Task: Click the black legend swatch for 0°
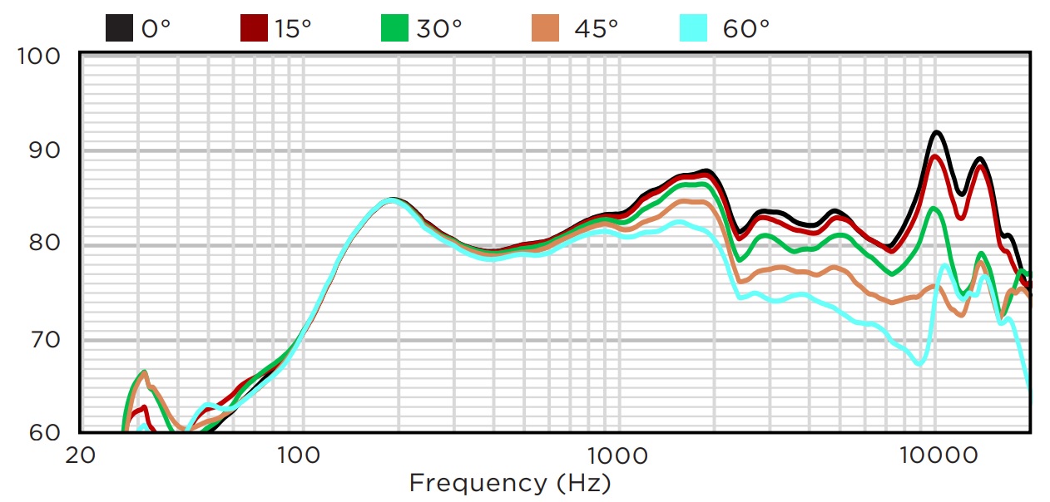tap(120, 28)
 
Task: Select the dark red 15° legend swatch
tap(253, 28)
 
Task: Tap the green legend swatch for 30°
tap(394, 28)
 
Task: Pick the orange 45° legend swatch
tap(546, 28)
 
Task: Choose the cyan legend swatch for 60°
tap(692, 28)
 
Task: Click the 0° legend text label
tap(156, 28)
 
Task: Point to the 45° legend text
tap(596, 28)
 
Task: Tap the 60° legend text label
tap(746, 28)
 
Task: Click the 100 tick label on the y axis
tap(40, 57)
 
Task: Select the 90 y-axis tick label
tap(47, 150)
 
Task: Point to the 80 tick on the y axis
tap(47, 245)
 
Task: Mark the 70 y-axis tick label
tap(47, 339)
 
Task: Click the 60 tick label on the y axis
tap(47, 432)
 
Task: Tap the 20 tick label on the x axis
tap(81, 455)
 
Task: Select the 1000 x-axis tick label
tap(617, 455)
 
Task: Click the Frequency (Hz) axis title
tap(509, 483)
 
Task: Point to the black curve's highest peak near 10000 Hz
tap(937, 132)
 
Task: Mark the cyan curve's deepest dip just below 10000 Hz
tap(919, 363)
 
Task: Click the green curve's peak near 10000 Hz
tap(934, 209)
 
